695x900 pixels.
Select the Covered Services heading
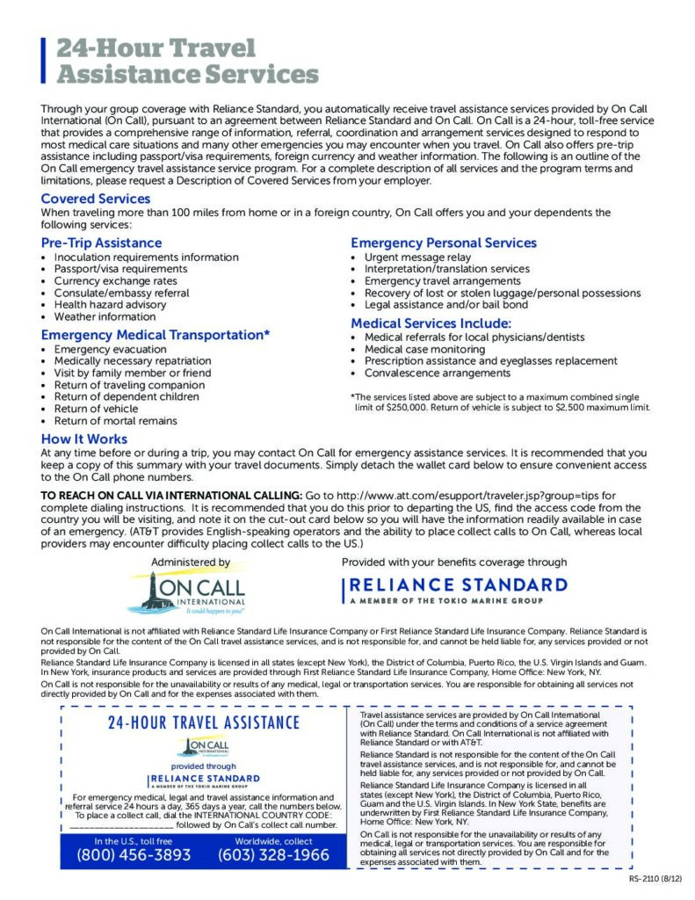coord(95,199)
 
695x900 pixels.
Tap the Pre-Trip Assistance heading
coord(101,243)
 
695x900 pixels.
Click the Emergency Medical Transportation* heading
coord(155,335)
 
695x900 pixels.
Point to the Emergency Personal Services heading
coord(443,243)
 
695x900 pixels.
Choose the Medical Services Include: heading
coord(431,323)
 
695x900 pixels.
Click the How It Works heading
coord(84,439)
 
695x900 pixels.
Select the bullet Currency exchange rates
coord(115,281)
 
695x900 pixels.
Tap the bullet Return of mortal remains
coord(115,421)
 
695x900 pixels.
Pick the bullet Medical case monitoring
coord(424,349)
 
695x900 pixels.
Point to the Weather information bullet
coord(105,316)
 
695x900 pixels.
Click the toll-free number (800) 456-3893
coord(134,854)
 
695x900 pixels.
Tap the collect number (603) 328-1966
coord(273,854)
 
